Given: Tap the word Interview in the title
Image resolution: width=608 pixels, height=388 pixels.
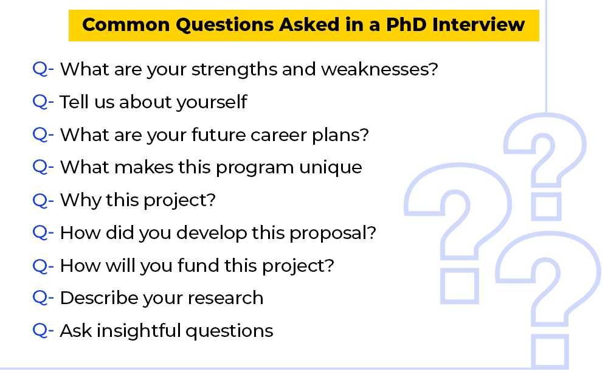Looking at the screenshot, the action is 478,25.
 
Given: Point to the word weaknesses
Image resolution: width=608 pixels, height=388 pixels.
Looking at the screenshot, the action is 379,69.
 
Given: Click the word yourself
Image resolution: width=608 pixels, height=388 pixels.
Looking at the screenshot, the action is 212,102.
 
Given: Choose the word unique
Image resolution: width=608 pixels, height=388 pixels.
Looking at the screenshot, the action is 331,168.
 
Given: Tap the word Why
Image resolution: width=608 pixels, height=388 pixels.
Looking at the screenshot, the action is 80,201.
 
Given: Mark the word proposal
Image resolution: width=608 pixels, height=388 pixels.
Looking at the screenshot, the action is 333,234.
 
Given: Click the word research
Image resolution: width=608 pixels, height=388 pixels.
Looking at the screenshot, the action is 226,299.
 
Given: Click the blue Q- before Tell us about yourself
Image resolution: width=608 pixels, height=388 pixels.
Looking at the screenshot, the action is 43,102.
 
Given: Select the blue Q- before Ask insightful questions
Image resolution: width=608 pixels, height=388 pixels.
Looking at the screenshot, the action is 43,331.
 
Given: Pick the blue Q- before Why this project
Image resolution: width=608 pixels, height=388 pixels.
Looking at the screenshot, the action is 43,200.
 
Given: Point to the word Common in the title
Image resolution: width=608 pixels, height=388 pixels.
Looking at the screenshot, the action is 126,25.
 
